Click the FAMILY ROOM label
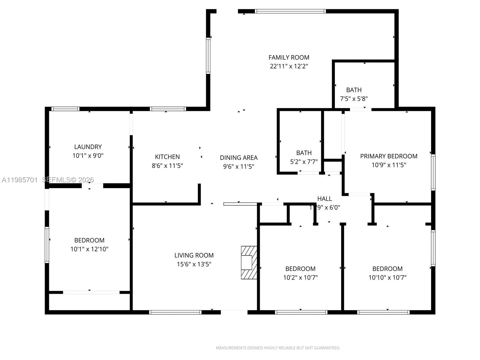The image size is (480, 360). tap(289, 58)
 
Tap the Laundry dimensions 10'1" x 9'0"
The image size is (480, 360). tap(88, 156)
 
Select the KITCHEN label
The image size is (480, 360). tap(167, 157)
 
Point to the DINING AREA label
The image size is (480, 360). tap(238, 157)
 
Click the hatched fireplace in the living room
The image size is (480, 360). tap(249, 262)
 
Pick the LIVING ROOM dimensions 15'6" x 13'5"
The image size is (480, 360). tap(194, 264)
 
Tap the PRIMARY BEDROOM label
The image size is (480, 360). tap(388, 156)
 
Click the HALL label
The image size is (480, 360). tap(325, 199)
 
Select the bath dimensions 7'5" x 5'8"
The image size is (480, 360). tap(354, 99)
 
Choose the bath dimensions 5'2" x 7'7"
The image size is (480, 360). tap(304, 162)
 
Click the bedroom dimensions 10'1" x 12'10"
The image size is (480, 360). tap(89, 249)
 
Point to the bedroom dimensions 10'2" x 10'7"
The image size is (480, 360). tap(300, 277)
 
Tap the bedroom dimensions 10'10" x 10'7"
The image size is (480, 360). tap(387, 277)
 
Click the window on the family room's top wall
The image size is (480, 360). tap(290, 11)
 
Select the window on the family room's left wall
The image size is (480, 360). tap(208, 56)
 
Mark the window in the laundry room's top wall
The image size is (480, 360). tap(65, 109)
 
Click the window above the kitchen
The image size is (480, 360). tap(168, 109)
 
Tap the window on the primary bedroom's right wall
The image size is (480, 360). tap(433, 172)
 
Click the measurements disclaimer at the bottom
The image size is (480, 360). tap(278, 348)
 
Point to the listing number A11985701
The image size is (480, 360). tap(20, 180)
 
